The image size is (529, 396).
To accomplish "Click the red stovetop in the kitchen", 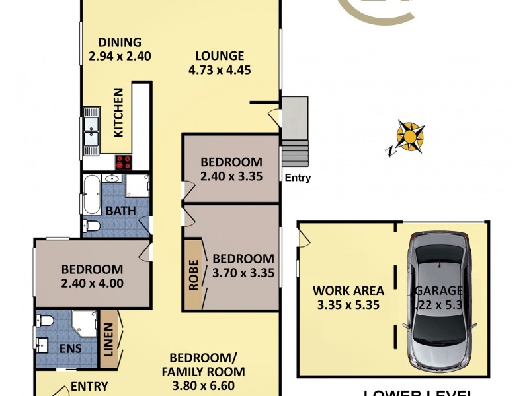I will [x=124, y=162].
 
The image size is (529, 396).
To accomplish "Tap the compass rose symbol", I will [x=410, y=137].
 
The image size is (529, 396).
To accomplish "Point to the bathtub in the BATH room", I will [x=91, y=194].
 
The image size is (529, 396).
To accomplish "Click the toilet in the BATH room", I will [x=92, y=226].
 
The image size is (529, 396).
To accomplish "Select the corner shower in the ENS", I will [x=84, y=324].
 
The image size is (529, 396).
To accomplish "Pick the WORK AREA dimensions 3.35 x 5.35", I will [x=339, y=306].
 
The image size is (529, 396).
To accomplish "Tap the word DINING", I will [x=120, y=42].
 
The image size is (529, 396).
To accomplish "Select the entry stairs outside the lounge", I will [x=296, y=153].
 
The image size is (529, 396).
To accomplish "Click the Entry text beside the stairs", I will [x=297, y=178].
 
